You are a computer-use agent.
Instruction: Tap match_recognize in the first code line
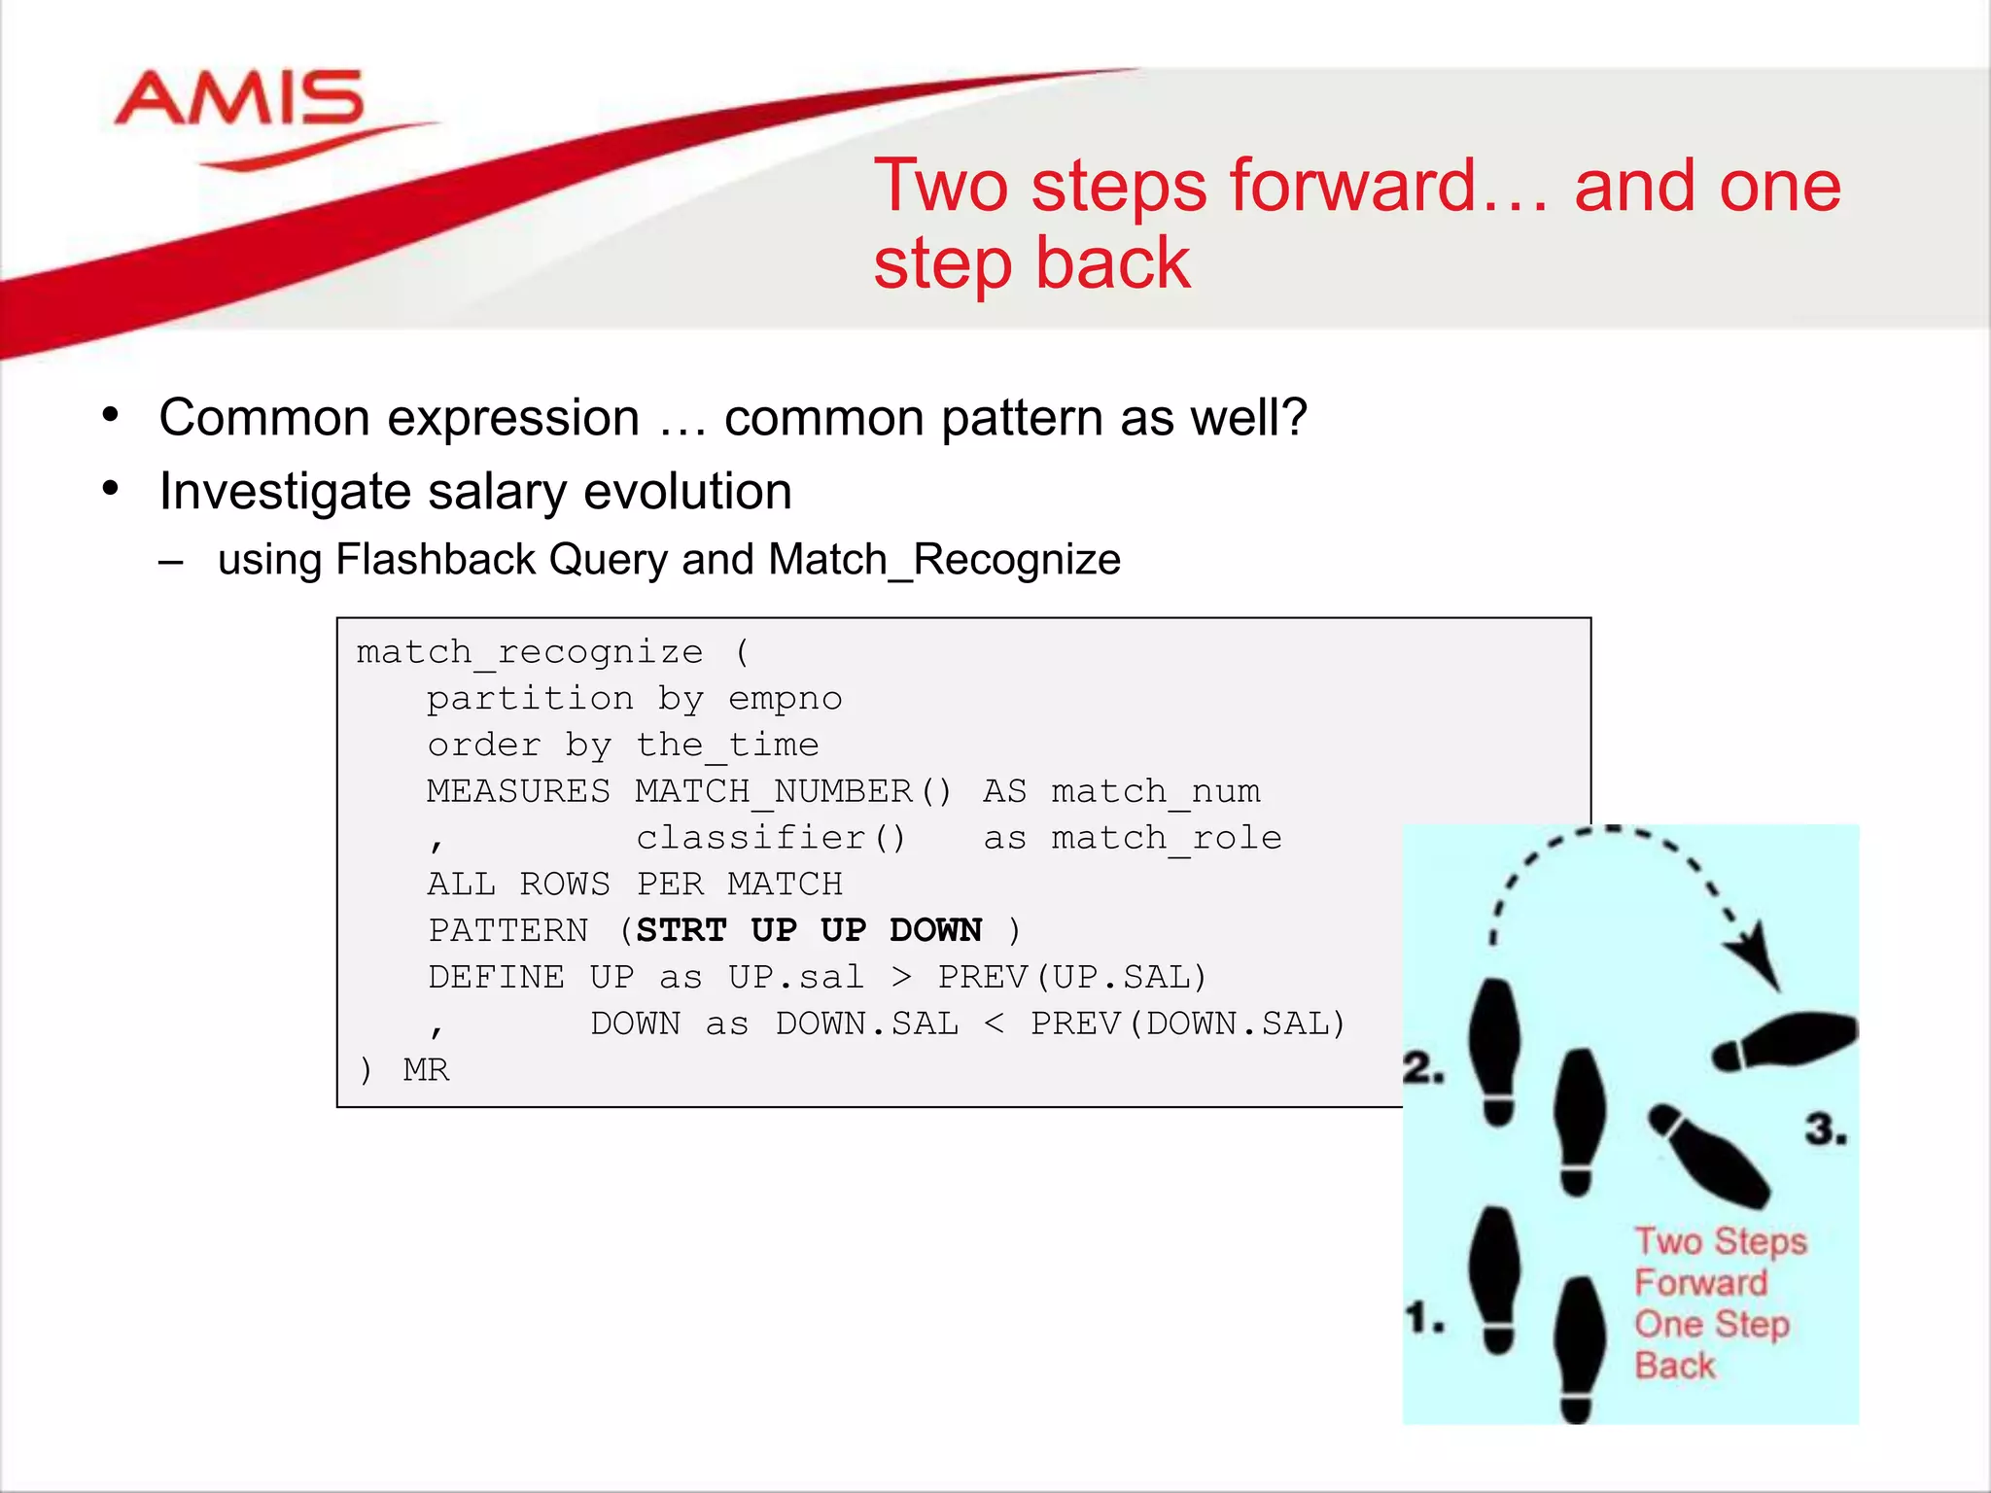click(x=530, y=651)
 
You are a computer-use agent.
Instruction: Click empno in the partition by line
click(x=785, y=698)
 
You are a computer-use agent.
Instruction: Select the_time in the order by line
click(x=727, y=745)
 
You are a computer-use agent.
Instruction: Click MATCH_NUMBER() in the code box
click(x=793, y=791)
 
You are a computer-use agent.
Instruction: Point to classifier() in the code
click(x=771, y=837)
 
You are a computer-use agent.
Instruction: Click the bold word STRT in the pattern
click(x=681, y=930)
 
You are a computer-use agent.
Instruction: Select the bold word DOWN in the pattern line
click(x=935, y=930)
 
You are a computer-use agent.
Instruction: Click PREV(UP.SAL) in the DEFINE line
click(x=1072, y=976)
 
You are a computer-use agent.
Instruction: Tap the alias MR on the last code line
click(x=426, y=1069)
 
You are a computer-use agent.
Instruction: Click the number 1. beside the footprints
click(x=1425, y=1319)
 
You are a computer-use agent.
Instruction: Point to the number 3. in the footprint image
click(x=1826, y=1129)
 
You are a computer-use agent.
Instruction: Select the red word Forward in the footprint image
click(x=1700, y=1283)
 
